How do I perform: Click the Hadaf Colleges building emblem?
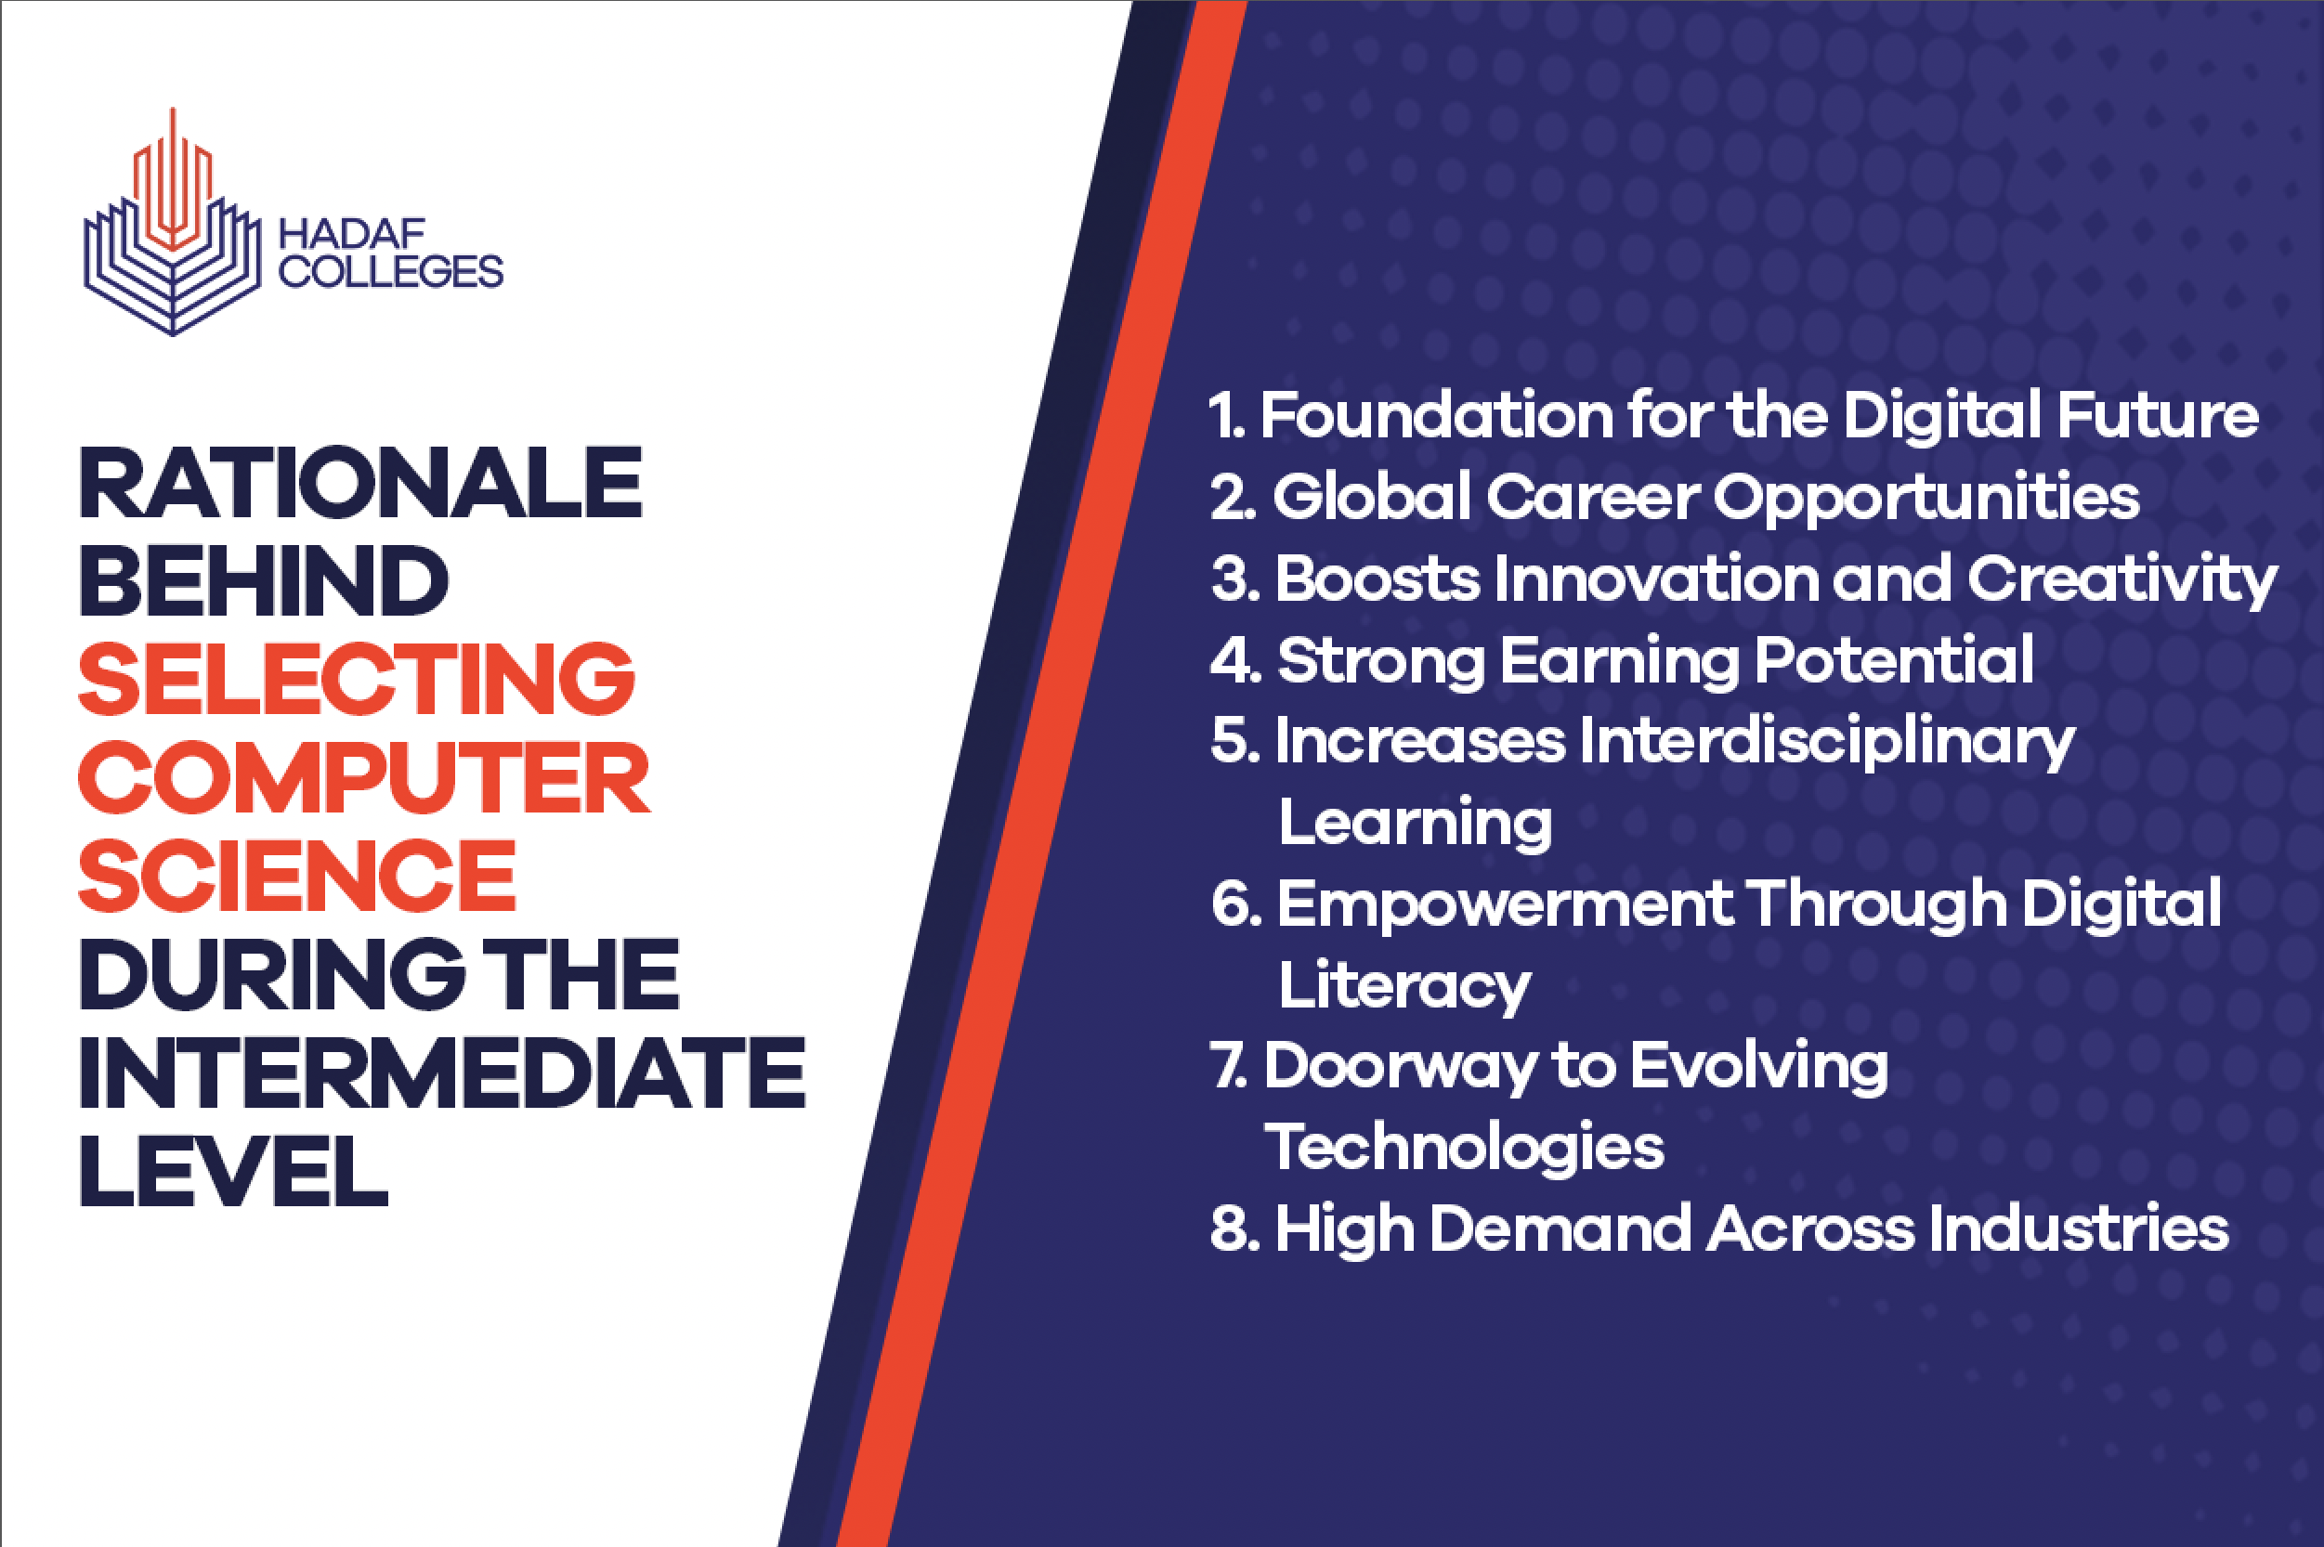(173, 223)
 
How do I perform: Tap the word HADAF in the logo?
(351, 235)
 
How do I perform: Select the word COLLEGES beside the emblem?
(391, 271)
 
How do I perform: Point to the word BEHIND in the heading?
(265, 580)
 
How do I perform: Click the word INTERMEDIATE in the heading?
(442, 1072)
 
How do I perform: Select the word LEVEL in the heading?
(234, 1171)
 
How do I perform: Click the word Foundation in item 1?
(1437, 414)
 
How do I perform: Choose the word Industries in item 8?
(2080, 1229)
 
